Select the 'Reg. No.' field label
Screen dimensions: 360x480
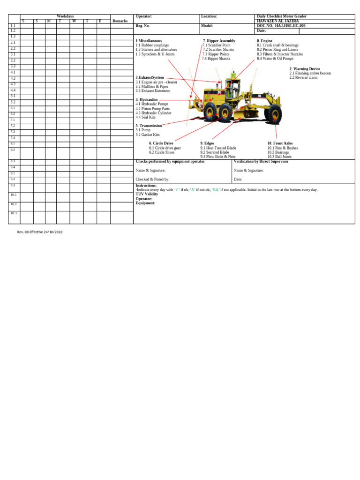click(x=142, y=26)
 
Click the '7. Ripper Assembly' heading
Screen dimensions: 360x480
click(x=219, y=41)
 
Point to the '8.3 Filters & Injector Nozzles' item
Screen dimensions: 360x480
click(x=280, y=54)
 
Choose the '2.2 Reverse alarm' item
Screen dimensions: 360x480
click(x=304, y=77)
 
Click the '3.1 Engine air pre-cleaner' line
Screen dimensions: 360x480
click(x=157, y=82)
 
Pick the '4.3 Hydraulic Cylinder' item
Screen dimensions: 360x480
click(x=153, y=113)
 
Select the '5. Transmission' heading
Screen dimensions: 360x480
click(x=149, y=126)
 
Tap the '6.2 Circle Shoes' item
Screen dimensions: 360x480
click(x=162, y=152)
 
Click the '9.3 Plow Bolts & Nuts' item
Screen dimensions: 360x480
click(x=217, y=157)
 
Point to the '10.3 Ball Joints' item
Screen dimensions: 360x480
click(x=279, y=157)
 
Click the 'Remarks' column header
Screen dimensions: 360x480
click(x=120, y=21)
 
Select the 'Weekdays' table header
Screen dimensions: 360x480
click(x=65, y=16)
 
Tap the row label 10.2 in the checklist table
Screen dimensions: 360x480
click(x=14, y=204)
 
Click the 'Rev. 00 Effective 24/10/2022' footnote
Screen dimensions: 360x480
click(x=39, y=232)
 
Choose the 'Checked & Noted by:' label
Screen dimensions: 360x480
click(x=152, y=179)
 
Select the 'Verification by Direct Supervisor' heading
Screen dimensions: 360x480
click(x=261, y=161)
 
